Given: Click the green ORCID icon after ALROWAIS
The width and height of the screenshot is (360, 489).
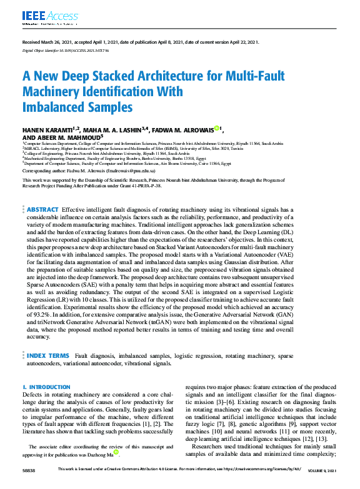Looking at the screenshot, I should [x=217, y=129].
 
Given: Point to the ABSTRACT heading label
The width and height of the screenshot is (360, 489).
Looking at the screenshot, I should [x=42, y=209].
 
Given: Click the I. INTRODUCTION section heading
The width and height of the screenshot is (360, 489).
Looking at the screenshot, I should [x=47, y=387].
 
